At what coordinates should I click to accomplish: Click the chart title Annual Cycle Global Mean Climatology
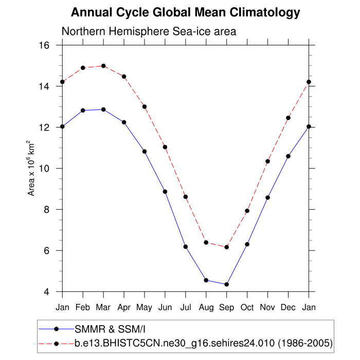(x=185, y=12)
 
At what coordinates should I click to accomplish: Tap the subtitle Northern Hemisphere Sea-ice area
(x=149, y=31)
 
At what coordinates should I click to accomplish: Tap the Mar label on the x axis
(x=103, y=307)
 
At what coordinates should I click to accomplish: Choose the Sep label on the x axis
(x=226, y=307)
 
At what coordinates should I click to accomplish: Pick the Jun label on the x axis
(x=165, y=307)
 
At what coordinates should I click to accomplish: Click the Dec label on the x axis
(x=288, y=307)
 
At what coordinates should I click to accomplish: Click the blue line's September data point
(x=226, y=284)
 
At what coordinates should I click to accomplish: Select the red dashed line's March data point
(x=103, y=66)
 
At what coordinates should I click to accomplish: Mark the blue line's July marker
(x=186, y=247)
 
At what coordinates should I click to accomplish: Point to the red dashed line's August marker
(x=206, y=242)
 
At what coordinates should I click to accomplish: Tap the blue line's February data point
(x=83, y=110)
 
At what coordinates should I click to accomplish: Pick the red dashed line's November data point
(x=267, y=161)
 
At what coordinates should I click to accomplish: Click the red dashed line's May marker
(x=145, y=106)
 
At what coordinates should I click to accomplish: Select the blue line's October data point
(x=247, y=244)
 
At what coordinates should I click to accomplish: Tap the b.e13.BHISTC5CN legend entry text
(x=203, y=342)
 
